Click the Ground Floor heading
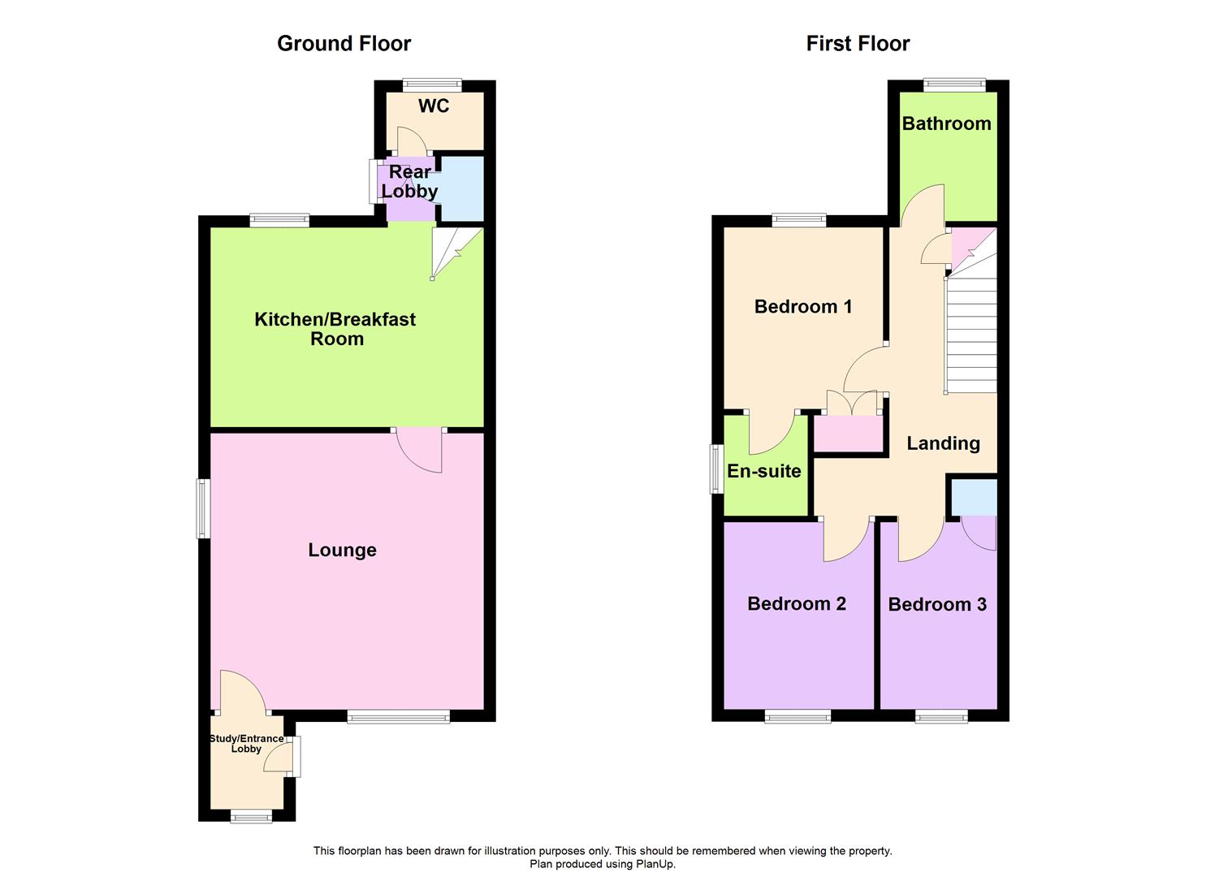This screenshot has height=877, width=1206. coord(344,44)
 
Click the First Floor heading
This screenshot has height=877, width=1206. coord(858,44)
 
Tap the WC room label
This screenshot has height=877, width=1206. coord(434,106)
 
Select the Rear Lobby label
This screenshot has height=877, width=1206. coord(410,182)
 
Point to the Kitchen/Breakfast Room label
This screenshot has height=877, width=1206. coord(335,329)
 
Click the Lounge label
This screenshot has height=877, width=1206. coord(342,551)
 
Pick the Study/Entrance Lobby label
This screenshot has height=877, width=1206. coord(246,744)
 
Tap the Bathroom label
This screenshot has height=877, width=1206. coord(946,123)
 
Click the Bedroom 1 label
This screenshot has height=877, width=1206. coord(803,307)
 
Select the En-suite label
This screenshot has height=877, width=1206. coord(764,471)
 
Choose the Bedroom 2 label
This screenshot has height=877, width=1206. coord(797,604)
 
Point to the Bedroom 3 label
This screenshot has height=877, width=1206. coord(937,605)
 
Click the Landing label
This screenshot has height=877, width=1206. coord(943,443)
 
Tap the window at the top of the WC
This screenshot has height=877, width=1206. coord(433,84)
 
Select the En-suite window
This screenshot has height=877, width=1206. coord(716,469)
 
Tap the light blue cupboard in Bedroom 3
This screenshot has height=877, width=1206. coord(973,498)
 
